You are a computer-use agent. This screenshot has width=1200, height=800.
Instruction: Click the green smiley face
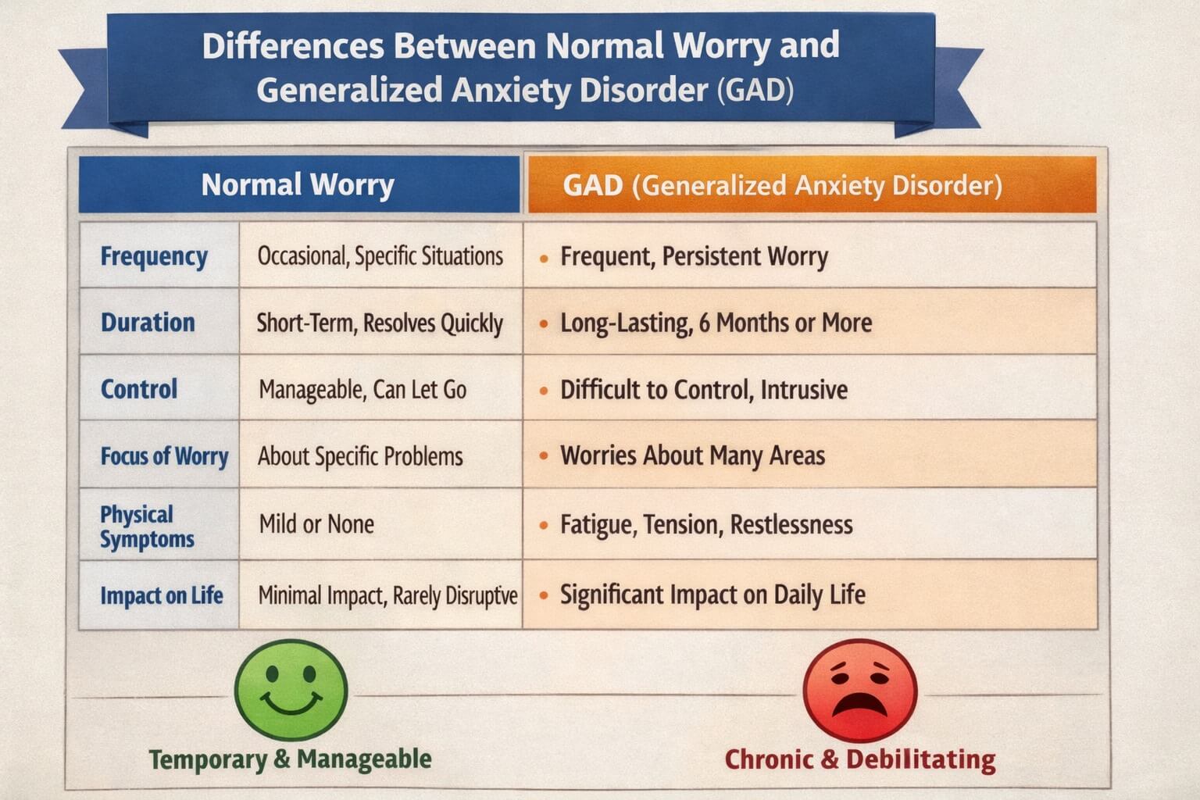coord(291,690)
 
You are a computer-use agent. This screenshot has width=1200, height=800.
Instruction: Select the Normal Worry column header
coord(298,185)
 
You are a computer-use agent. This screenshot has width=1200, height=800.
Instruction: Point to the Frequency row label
coord(154,256)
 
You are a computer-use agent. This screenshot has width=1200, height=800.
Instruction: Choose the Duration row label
coord(148,323)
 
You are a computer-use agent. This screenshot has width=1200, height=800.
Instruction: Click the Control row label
coord(139,389)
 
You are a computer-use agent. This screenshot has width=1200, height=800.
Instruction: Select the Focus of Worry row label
coord(164,456)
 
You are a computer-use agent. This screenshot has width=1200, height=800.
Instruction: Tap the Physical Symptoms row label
coord(147,527)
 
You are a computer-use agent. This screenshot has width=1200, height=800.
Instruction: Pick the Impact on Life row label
coord(161,595)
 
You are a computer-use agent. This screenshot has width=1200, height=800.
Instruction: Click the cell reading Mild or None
coord(316,523)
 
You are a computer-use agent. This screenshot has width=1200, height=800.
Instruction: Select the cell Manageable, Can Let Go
coord(362,389)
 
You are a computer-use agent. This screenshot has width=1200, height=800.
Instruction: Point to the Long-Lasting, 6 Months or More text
coord(716,323)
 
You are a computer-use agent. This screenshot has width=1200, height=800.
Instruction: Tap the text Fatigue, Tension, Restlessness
coord(706,524)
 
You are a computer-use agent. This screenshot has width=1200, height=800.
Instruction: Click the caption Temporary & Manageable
coord(290,759)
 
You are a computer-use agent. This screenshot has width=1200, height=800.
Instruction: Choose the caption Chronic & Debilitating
coord(860,759)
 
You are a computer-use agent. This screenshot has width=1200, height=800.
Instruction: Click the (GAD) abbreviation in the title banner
coord(755,90)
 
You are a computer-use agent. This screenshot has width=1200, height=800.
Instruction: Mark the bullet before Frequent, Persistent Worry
coord(544,257)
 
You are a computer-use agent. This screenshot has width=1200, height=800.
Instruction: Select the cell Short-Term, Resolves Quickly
coord(380,323)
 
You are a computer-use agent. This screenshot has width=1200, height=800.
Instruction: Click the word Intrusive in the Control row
coord(804,389)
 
